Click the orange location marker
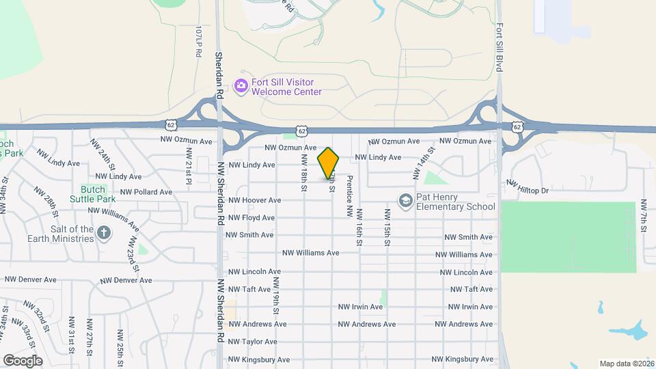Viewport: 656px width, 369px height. [x=328, y=163]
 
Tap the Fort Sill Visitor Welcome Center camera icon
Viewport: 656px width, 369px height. [x=241, y=86]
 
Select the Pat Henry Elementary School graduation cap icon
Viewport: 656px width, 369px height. [x=405, y=200]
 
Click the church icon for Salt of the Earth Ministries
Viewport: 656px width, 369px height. [x=104, y=234]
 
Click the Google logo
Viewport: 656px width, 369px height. [x=23, y=360]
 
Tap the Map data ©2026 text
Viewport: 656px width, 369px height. [x=625, y=363]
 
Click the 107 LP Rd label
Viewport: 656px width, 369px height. [x=199, y=42]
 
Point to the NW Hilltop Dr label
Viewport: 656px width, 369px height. [x=528, y=186]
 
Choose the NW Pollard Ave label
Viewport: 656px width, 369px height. [x=146, y=192]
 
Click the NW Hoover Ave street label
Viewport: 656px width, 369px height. [x=254, y=200]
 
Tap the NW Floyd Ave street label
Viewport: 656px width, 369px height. [x=251, y=218]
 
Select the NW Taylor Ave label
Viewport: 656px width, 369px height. [x=252, y=342]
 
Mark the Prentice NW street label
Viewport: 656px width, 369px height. [x=349, y=196]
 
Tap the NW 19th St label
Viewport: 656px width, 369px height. [x=276, y=295]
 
